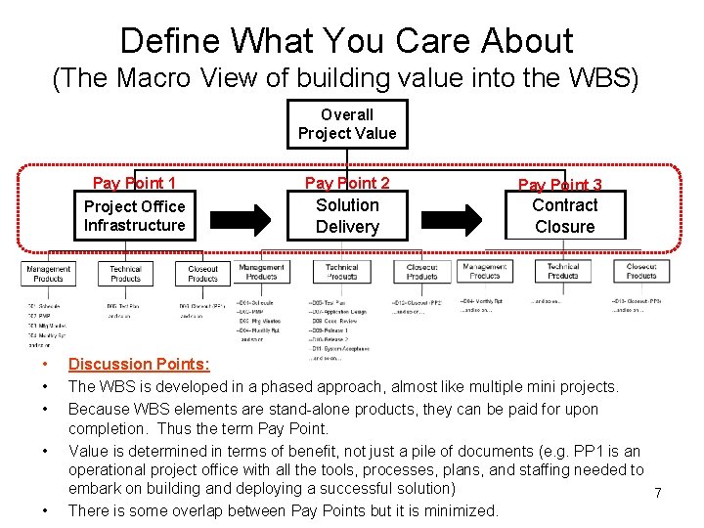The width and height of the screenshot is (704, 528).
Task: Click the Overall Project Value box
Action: point(347,124)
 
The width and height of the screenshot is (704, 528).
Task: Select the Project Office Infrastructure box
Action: point(134,216)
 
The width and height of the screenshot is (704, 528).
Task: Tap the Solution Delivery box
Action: point(347,216)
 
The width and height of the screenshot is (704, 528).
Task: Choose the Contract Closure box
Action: point(564,216)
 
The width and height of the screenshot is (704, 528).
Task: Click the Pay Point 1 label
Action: point(134,184)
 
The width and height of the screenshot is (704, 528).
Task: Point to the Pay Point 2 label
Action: point(347,183)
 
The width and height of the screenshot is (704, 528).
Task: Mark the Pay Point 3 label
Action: point(559,185)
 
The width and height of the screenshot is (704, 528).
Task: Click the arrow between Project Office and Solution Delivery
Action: point(241,216)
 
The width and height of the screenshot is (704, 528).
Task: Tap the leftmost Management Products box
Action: point(48,274)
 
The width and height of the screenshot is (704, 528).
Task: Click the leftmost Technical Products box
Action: point(125,274)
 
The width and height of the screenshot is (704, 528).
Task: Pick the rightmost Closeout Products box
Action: point(641,270)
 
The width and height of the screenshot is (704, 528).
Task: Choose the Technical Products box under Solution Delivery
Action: point(341,272)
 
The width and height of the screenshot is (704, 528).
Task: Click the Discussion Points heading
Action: point(138,365)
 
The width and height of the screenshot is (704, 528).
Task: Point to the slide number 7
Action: point(658,494)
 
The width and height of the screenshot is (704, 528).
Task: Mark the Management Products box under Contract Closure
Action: point(483,270)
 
